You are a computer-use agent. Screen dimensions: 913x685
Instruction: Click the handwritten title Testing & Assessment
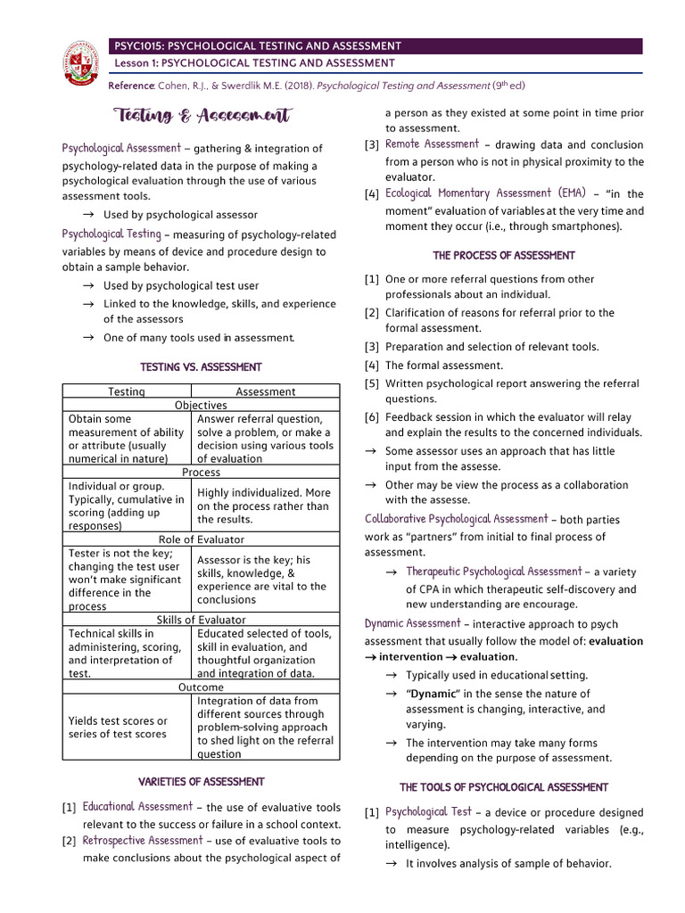[x=202, y=115]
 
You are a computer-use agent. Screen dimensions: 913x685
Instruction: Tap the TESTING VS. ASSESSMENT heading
[x=201, y=366]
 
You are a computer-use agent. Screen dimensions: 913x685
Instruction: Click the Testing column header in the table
[x=127, y=391]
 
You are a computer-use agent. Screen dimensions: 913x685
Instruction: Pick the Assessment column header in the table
[x=266, y=391]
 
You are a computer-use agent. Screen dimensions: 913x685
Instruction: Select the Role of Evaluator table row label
[x=201, y=539]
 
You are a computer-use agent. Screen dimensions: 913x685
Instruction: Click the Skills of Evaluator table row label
[x=201, y=620]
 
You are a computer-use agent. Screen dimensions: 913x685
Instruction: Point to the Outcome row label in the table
[x=201, y=687]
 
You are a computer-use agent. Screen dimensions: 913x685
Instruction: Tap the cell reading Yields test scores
[x=118, y=728]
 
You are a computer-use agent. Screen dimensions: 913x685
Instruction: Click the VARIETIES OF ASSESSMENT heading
[x=201, y=782]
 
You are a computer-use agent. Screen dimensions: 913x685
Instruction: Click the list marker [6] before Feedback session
[x=372, y=417]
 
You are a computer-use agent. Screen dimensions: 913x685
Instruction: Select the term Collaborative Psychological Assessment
[x=456, y=519]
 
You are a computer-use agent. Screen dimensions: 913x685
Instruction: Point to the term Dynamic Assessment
[x=412, y=624]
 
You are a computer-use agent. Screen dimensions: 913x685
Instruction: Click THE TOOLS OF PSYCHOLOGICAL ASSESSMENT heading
[x=504, y=787]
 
